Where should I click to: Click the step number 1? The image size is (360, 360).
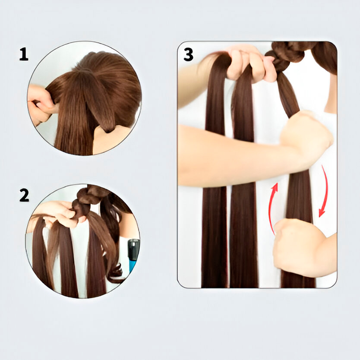(24, 54)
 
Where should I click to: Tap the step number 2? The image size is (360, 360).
(24, 195)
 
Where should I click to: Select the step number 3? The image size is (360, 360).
(189, 55)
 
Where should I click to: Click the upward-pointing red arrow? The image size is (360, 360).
(272, 208)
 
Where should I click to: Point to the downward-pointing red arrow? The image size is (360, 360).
(325, 190)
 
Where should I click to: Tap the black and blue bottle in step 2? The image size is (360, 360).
(134, 255)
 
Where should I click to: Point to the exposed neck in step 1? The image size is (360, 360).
(110, 140)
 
